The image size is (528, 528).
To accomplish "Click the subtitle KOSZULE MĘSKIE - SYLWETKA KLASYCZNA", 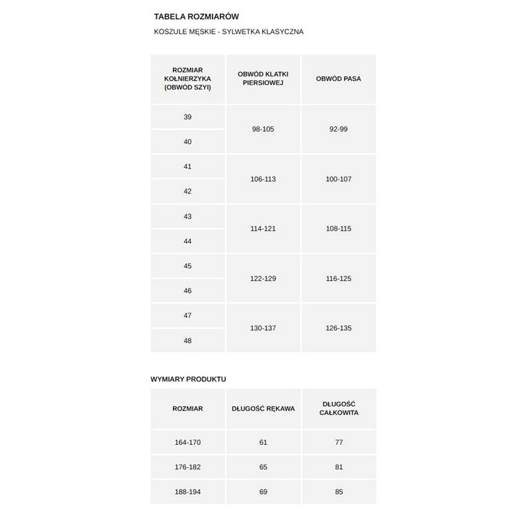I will pyautogui.click(x=228, y=32).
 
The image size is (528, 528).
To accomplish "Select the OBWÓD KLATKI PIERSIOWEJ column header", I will pyautogui.click(x=263, y=79).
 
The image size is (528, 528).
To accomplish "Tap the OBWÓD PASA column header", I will pyautogui.click(x=339, y=79).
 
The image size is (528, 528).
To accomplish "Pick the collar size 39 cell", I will pyautogui.click(x=187, y=117).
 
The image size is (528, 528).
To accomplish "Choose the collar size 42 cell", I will pyautogui.click(x=187, y=191).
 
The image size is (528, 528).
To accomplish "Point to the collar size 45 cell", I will pyautogui.click(x=187, y=266).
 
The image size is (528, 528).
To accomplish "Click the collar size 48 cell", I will pyautogui.click(x=187, y=341).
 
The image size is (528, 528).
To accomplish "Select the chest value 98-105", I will pyautogui.click(x=263, y=129).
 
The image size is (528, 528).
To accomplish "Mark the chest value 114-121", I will pyautogui.click(x=263, y=228).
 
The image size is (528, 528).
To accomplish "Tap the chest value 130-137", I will pyautogui.click(x=263, y=328).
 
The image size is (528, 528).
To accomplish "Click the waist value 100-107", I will pyautogui.click(x=339, y=179).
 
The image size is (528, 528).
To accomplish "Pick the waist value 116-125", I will pyautogui.click(x=339, y=279).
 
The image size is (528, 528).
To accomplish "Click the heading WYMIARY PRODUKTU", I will pyautogui.click(x=188, y=379).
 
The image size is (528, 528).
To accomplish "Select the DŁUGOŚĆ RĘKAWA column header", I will pyautogui.click(x=263, y=409).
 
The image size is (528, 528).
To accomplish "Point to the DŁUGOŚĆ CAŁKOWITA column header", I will pyautogui.click(x=339, y=409).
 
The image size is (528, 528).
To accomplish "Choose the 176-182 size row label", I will pyautogui.click(x=187, y=467).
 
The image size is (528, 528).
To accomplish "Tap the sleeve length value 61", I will pyautogui.click(x=263, y=442).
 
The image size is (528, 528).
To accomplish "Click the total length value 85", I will pyautogui.click(x=339, y=492).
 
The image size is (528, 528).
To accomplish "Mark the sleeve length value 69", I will pyautogui.click(x=263, y=492).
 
